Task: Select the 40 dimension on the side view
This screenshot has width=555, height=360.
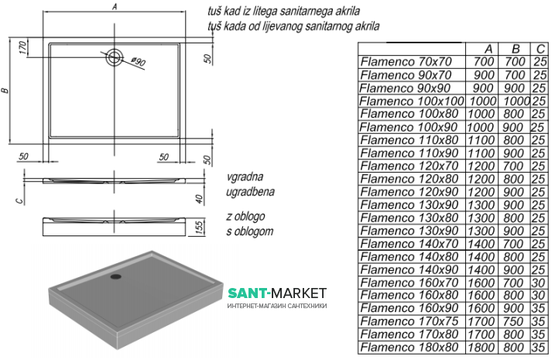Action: click(198, 199)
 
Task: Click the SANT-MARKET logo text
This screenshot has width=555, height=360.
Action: click(276, 293)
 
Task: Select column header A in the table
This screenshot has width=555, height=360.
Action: click(485, 49)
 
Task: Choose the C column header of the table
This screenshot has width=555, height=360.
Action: click(540, 49)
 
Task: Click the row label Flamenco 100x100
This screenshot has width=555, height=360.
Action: click(412, 100)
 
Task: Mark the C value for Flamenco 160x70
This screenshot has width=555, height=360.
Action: click(540, 282)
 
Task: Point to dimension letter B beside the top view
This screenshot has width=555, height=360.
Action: click(6, 91)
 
